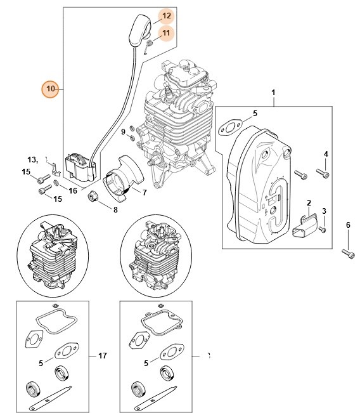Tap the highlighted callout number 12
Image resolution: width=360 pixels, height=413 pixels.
(148, 15)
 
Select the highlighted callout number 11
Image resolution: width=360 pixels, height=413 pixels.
(147, 32)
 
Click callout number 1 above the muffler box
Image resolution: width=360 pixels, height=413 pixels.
(273, 93)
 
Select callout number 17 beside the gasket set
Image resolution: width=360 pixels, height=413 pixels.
(103, 356)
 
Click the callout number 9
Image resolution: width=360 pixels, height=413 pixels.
(124, 131)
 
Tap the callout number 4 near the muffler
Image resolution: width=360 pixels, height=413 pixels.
(326, 154)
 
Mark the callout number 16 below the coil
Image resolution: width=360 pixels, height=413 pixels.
(73, 190)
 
